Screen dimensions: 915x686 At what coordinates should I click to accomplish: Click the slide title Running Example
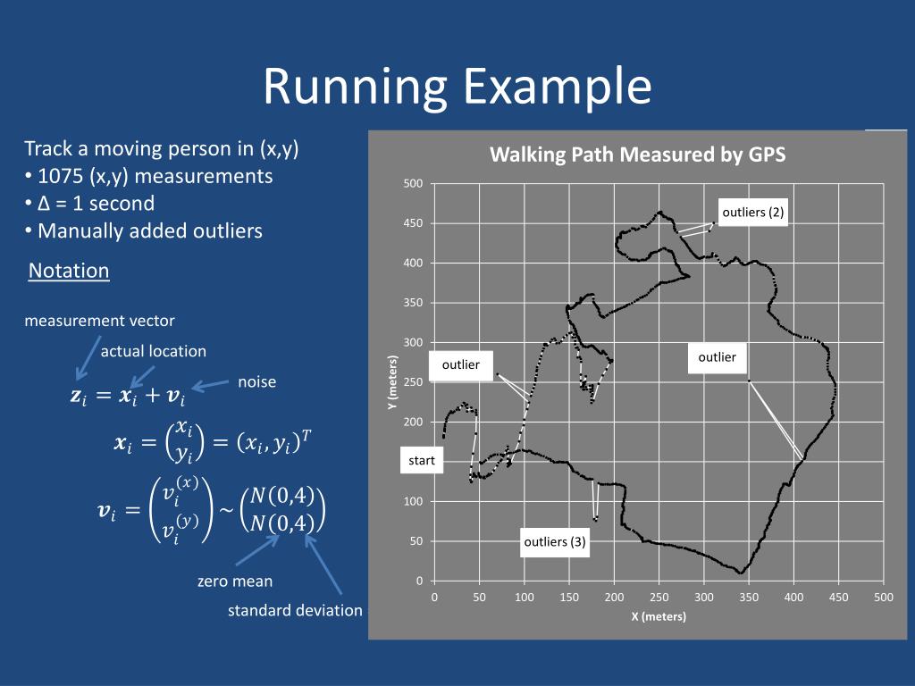[457, 87]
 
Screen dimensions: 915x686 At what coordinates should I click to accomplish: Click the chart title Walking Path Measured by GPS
[637, 155]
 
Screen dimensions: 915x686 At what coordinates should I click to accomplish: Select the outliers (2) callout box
[752, 213]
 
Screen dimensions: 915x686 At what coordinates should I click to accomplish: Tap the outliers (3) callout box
[555, 541]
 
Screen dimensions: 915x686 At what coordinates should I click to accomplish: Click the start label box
[421, 461]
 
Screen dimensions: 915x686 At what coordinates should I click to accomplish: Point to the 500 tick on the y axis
[413, 184]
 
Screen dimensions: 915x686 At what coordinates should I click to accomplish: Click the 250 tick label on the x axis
[659, 598]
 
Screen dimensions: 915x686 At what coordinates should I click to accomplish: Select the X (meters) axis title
[658, 616]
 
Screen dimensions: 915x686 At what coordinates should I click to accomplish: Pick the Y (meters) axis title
[391, 383]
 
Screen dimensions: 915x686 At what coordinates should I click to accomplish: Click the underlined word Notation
[69, 271]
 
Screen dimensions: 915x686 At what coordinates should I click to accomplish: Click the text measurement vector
[99, 321]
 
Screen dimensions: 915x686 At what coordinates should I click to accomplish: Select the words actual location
[153, 351]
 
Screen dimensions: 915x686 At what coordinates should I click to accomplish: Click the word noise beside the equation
[256, 381]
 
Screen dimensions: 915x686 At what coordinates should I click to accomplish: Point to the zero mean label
[235, 581]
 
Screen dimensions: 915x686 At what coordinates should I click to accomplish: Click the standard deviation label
[295, 611]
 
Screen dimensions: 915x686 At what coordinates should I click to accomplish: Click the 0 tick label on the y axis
[419, 581]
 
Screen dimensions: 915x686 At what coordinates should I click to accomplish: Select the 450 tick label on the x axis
[838, 598]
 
